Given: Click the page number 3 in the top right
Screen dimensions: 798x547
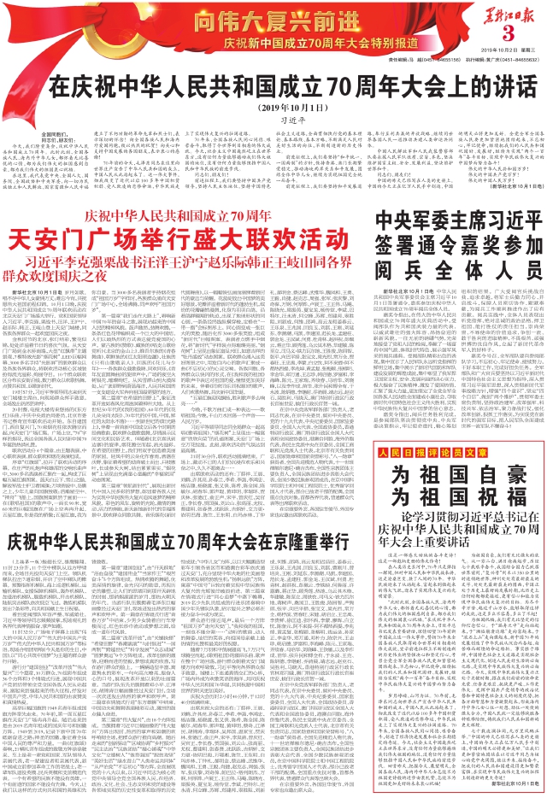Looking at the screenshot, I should (x=505, y=33).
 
